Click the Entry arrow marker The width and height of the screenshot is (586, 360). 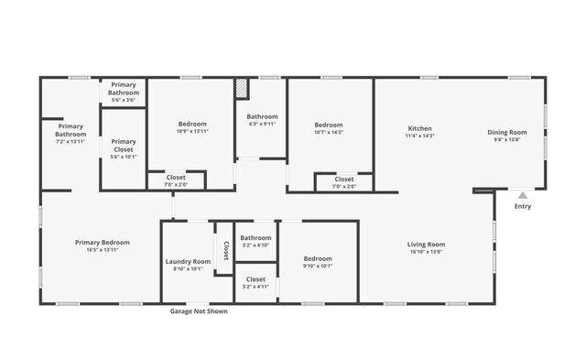click(522, 194)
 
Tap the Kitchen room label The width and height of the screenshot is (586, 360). click(419, 128)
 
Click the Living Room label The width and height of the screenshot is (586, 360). click(426, 244)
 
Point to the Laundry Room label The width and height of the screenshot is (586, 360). click(188, 261)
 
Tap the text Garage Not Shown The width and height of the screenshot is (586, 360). click(199, 311)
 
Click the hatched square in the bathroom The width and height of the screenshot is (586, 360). click(242, 88)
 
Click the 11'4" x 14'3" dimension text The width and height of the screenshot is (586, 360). click(419, 136)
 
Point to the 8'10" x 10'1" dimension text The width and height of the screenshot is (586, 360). click(188, 269)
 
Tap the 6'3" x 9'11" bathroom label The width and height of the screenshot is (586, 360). click(262, 124)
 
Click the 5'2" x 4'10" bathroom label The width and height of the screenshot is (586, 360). click(255, 245)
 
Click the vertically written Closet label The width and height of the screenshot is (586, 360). click(225, 249)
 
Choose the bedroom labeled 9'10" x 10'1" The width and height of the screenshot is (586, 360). click(317, 262)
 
